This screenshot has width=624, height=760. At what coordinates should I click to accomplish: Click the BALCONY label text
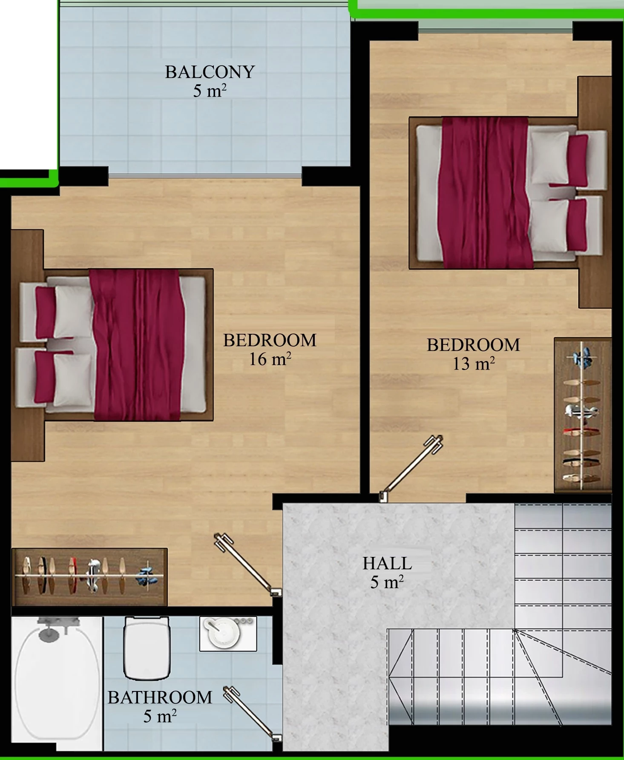tap(210, 72)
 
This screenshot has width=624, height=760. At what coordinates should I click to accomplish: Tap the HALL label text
tap(387, 563)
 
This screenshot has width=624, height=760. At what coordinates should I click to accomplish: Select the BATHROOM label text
tap(160, 697)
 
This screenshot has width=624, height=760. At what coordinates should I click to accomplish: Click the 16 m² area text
tap(270, 359)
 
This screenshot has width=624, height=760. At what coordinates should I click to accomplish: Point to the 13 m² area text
tap(474, 364)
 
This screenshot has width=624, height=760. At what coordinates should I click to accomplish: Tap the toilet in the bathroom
tap(147, 648)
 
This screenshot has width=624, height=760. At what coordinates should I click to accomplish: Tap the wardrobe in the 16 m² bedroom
tap(89, 577)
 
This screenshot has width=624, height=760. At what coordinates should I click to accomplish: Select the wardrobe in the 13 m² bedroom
tap(583, 415)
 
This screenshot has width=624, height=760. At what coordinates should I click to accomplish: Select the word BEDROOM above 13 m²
tap(474, 345)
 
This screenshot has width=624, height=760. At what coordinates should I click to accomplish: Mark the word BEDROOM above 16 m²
tap(270, 340)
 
